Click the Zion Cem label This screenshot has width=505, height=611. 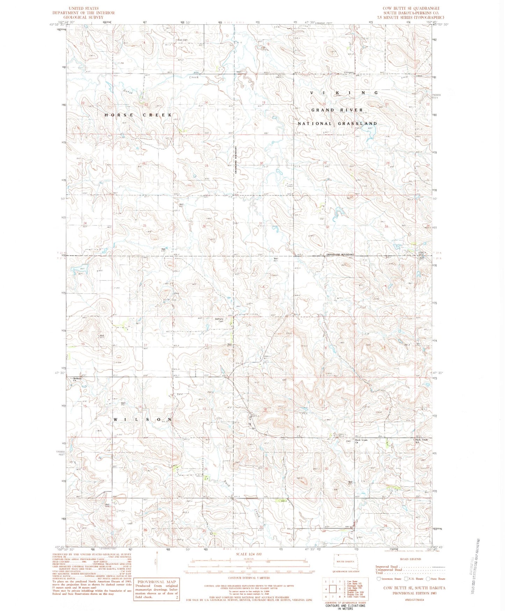click(x=182, y=40)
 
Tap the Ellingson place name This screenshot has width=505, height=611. click(x=349, y=73)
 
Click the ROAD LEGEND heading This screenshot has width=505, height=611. click(x=411, y=559)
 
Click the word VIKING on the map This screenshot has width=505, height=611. click(x=344, y=93)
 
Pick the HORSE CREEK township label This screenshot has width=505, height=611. click(x=138, y=115)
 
